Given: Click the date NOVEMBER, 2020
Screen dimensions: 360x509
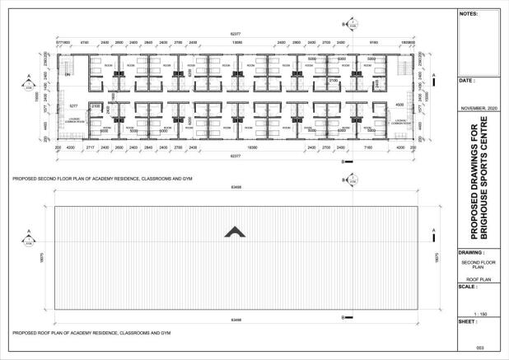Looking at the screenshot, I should point(482,109).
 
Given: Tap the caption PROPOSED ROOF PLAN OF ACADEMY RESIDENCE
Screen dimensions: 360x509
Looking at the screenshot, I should point(91,334).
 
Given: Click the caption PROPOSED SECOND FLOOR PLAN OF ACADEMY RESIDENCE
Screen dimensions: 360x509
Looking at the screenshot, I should point(97,177).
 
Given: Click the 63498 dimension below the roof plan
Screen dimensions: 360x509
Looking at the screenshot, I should point(236,318).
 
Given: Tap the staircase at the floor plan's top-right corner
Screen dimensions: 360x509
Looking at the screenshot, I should point(403,65).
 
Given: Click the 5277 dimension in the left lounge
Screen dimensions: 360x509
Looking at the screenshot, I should point(73,106).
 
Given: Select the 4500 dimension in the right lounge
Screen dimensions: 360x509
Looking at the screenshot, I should point(399,105).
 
